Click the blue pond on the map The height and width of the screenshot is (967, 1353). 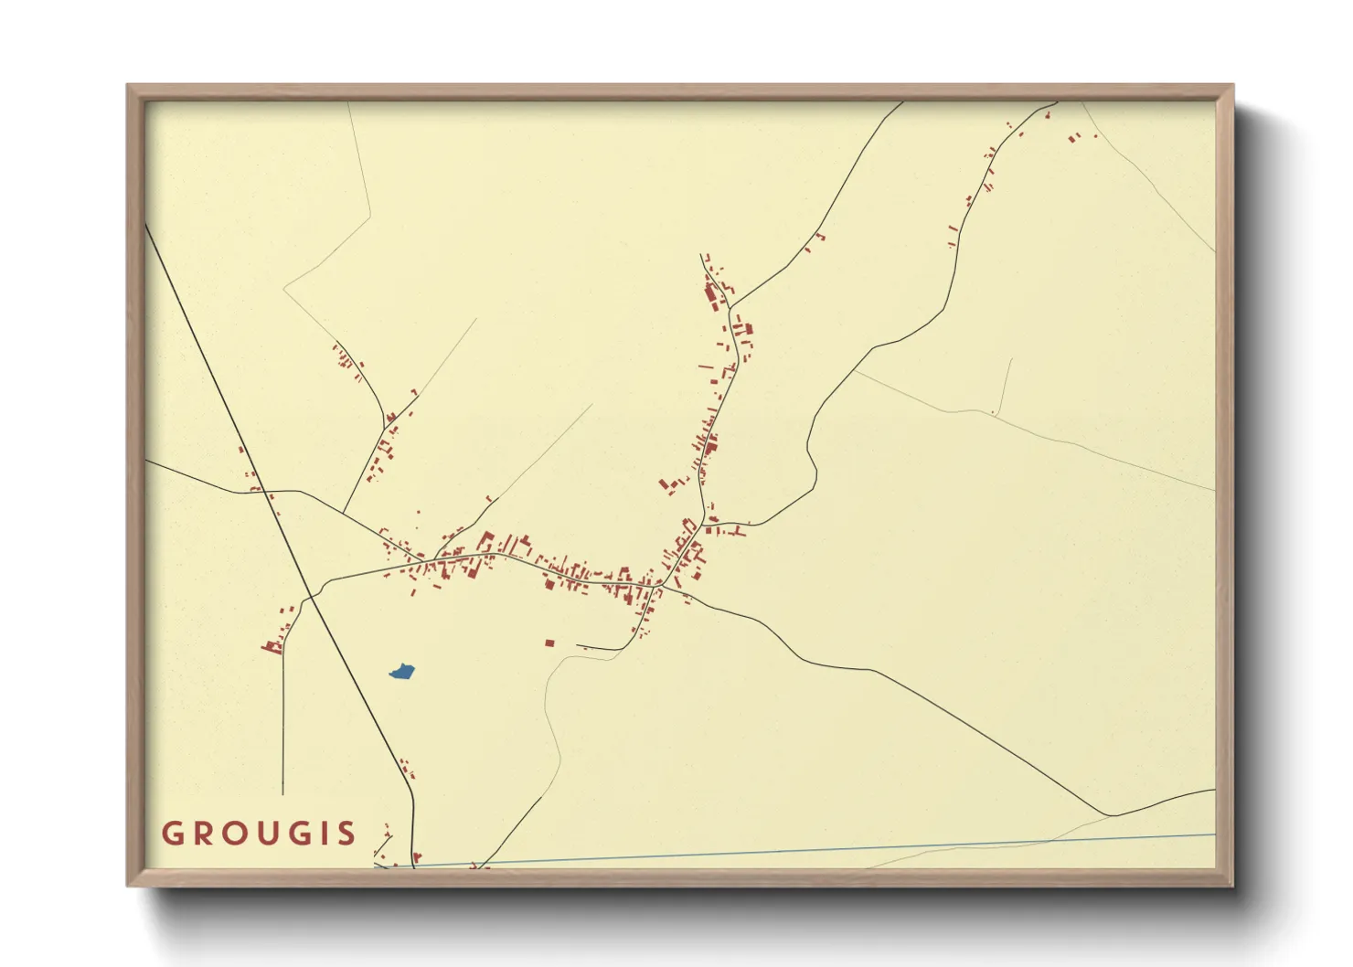pos(403,673)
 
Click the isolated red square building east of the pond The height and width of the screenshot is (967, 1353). pos(549,643)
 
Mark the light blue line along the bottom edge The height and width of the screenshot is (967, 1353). pos(823,849)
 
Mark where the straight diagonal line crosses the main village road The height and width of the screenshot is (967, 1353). pos(312,597)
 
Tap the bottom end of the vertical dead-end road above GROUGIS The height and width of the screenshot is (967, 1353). pos(283,793)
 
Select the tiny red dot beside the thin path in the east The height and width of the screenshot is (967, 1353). pos(992,413)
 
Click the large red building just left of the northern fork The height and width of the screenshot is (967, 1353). pos(710,295)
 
